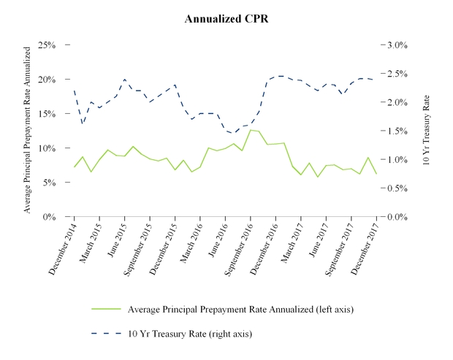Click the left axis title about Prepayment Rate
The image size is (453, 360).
click(28, 129)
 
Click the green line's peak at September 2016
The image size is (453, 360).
click(251, 130)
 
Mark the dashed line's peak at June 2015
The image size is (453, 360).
click(125, 79)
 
